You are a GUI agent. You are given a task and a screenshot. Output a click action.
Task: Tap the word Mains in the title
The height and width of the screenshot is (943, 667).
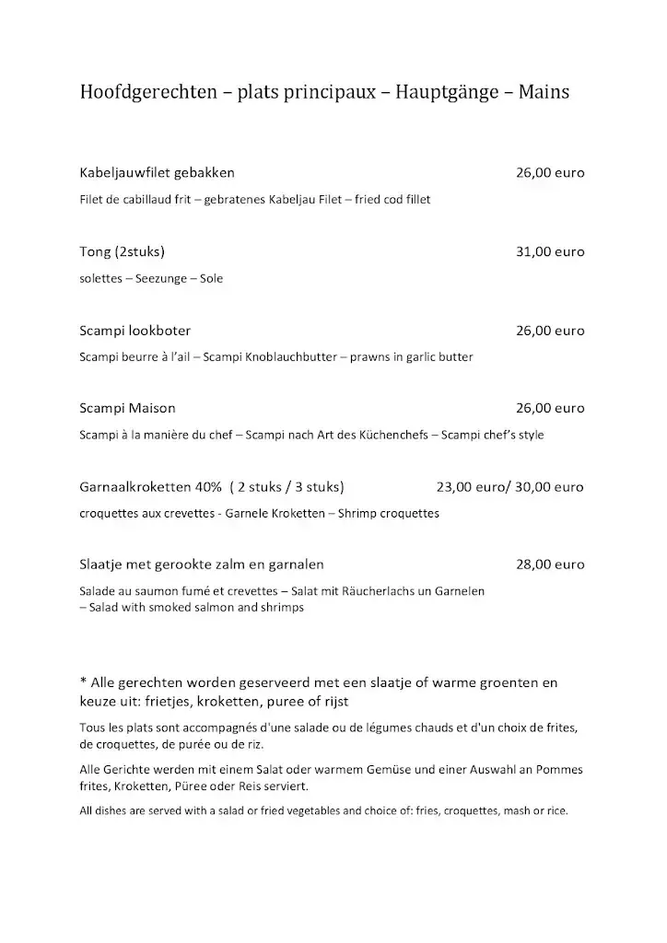[544, 92]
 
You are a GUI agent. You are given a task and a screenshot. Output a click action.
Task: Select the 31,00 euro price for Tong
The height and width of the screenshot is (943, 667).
[550, 251]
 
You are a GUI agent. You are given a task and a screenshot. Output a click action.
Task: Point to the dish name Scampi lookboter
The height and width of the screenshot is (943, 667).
[135, 331]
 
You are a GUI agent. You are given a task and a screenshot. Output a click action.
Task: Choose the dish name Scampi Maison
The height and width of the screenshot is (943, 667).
[128, 408]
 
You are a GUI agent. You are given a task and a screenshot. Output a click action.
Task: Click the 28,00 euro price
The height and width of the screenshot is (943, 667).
[550, 564]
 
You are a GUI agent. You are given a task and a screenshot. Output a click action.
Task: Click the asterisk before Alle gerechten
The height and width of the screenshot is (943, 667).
[84, 681]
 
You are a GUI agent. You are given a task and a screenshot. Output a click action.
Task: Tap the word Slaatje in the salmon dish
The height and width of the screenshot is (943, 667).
[104, 564]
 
